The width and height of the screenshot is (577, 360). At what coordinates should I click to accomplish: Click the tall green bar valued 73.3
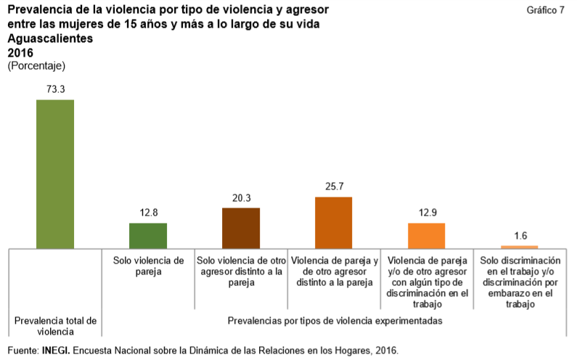pyautogui.click(x=55, y=173)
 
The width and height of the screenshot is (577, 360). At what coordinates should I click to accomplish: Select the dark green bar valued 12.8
pyautogui.click(x=148, y=235)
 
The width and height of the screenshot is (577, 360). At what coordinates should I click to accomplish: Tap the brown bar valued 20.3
pyautogui.click(x=241, y=227)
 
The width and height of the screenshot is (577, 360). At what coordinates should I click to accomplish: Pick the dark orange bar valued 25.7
pyautogui.click(x=334, y=222)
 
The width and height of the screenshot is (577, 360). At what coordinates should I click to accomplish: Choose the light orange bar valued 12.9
pyautogui.click(x=427, y=235)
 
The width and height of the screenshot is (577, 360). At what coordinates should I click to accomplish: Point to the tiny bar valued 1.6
pyautogui.click(x=520, y=247)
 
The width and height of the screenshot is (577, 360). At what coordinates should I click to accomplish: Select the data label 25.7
pyautogui.click(x=334, y=186)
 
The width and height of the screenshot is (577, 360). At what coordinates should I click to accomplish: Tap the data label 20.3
pyautogui.click(x=241, y=197)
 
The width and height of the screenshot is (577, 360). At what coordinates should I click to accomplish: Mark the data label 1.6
pyautogui.click(x=520, y=235)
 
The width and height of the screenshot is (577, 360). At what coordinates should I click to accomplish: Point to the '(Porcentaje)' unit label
pyautogui.click(x=36, y=65)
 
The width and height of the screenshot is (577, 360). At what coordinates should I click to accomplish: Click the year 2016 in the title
pyautogui.click(x=20, y=52)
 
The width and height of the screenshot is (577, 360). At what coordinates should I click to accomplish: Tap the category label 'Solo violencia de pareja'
pyautogui.click(x=148, y=266)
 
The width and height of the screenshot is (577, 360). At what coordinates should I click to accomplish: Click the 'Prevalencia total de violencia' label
pyautogui.click(x=55, y=326)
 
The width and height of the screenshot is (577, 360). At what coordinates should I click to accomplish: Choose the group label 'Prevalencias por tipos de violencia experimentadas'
pyautogui.click(x=335, y=320)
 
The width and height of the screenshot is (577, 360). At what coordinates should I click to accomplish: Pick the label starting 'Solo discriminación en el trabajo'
pyautogui.click(x=520, y=282)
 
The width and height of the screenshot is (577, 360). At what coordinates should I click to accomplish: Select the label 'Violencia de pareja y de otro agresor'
pyautogui.click(x=334, y=271)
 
